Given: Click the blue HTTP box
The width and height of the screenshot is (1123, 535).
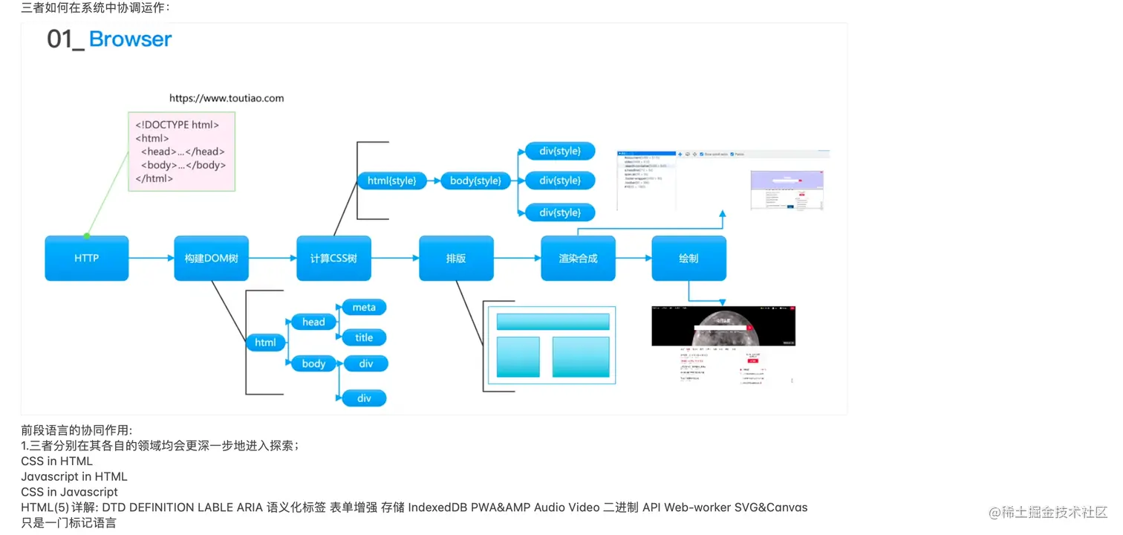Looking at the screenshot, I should coord(86,259).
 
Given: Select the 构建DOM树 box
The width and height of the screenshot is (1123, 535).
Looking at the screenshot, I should coord(211,259).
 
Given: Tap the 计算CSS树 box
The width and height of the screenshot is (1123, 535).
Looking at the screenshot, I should coord(333,259).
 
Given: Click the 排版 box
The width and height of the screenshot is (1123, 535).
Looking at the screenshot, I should coord(456,259).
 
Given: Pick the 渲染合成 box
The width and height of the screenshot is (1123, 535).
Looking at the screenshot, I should coord(578,259).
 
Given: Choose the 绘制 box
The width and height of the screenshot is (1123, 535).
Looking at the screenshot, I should coord(689,259).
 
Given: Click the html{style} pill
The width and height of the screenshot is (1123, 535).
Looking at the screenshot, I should coord(392,181).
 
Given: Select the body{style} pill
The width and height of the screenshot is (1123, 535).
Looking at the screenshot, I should coord(475,181).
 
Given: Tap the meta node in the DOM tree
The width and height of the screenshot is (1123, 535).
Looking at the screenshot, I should coord(364,308).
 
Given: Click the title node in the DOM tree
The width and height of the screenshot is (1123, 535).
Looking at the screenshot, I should coord(364,337).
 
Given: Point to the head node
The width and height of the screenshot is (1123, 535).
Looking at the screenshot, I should coord(313,322).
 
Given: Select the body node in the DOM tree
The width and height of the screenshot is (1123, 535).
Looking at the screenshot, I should coord(313,363).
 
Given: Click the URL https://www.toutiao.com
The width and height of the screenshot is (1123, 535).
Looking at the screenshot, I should coord(227,98).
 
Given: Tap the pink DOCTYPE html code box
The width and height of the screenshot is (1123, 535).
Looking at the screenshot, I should coord(182,152).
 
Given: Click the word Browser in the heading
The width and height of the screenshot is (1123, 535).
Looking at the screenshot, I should coord(130,39).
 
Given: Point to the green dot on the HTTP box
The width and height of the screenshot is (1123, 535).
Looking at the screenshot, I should coord(87,236).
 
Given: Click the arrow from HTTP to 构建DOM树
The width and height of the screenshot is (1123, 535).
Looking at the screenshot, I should coord(152,259).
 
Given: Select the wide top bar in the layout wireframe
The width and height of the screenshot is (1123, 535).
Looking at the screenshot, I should coord(553,322).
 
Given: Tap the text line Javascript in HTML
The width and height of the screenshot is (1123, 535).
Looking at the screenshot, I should coord(74,476).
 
